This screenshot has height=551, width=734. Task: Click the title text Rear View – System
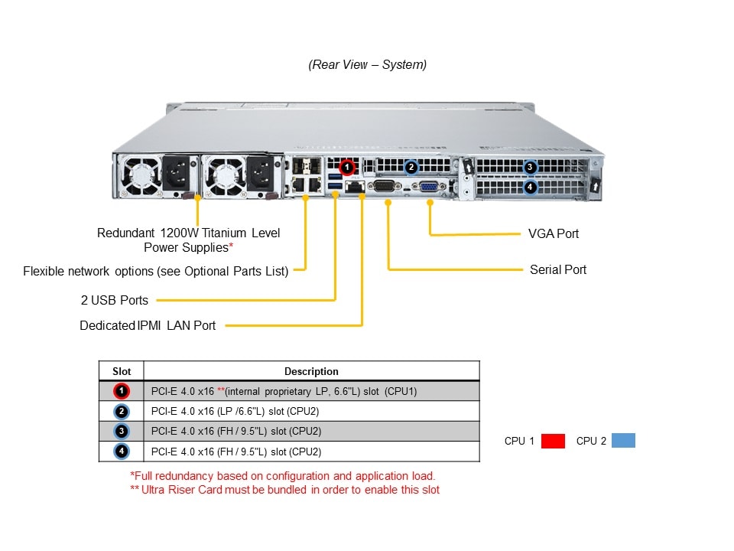point(368,65)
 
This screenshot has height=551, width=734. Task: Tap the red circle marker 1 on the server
point(346,165)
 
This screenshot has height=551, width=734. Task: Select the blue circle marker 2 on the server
point(411,166)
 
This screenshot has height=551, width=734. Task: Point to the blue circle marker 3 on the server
point(531,167)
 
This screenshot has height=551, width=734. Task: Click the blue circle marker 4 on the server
point(531,186)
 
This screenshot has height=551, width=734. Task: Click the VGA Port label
point(554,233)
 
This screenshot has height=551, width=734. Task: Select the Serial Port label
point(558,269)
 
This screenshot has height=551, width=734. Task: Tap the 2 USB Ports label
point(115,300)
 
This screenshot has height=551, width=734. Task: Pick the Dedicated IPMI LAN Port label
point(148,325)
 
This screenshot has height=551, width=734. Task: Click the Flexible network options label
point(155,270)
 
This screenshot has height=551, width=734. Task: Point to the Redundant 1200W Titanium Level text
point(188,233)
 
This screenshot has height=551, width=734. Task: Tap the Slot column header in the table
point(122,371)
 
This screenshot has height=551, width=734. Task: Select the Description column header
point(311,371)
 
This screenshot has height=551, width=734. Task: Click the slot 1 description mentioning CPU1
point(284,391)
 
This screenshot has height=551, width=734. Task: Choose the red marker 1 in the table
point(122,391)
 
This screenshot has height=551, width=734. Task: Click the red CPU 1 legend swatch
point(553,441)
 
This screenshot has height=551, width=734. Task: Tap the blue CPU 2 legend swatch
point(623,441)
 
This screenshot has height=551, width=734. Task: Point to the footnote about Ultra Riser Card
point(285,490)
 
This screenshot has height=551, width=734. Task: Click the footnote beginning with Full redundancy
point(283,475)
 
